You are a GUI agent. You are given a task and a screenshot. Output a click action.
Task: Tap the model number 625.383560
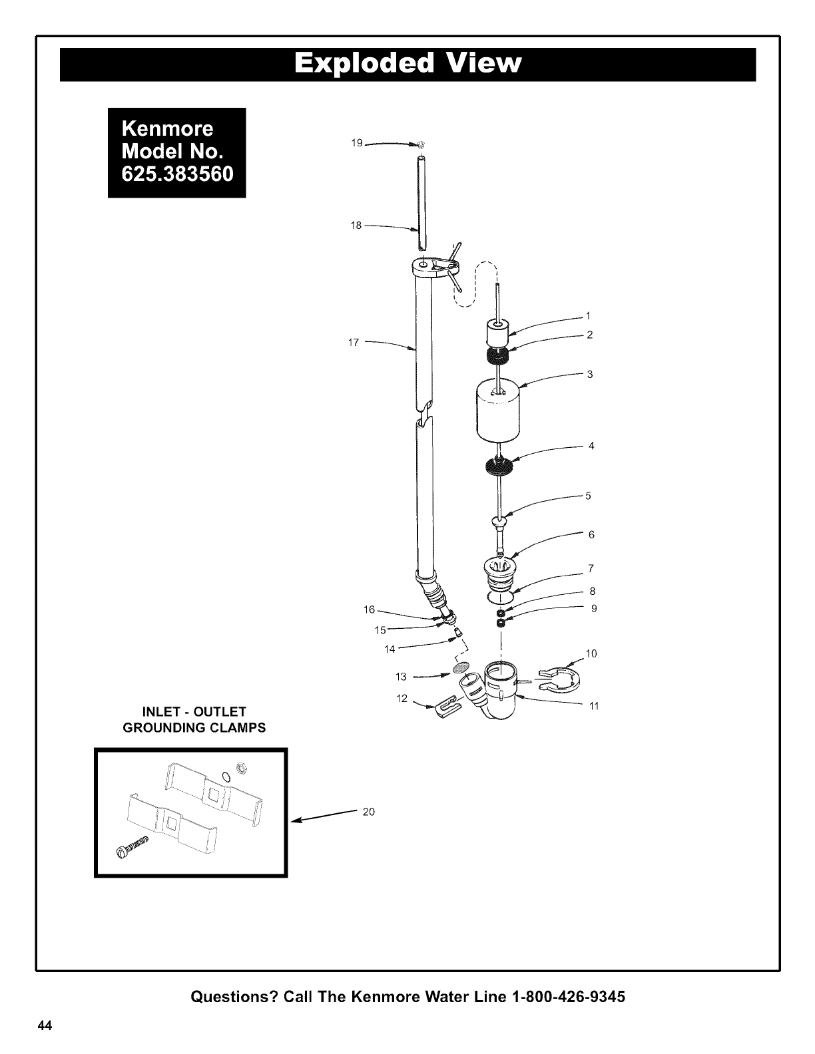pos(177,174)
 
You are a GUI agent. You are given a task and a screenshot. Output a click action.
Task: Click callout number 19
pos(357,142)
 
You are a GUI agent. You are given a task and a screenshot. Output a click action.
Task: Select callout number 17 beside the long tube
pos(354,343)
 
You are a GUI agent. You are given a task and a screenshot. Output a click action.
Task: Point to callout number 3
pos(590,375)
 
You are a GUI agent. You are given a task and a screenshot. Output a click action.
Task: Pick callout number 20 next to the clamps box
pos(369,812)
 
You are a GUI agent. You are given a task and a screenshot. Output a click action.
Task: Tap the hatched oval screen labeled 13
pos(461,667)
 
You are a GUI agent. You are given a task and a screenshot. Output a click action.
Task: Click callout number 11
pos(594,706)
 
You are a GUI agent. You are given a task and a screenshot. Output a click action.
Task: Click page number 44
pos(45,1025)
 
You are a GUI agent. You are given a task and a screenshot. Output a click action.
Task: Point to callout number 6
pos(591,534)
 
